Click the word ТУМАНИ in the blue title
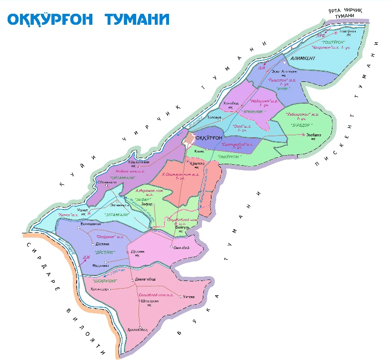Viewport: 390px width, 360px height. click(x=137, y=19)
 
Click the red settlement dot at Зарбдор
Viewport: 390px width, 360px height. click(x=304, y=135)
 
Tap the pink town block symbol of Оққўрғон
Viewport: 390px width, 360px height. click(x=190, y=138)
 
